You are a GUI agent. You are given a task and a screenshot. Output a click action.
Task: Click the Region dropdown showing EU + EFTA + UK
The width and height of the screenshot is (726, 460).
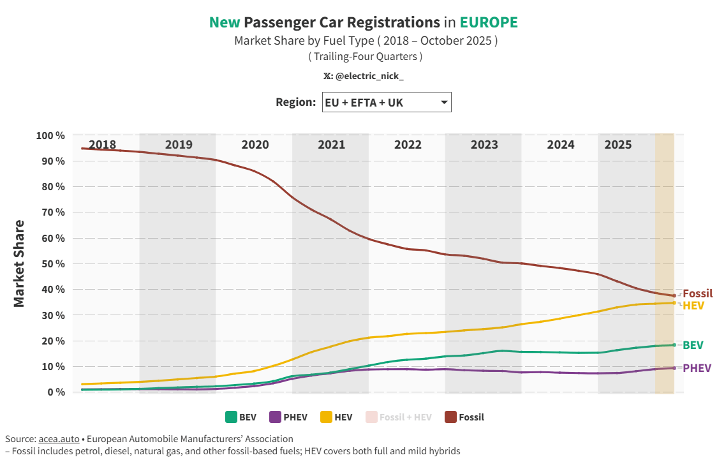tap(387, 102)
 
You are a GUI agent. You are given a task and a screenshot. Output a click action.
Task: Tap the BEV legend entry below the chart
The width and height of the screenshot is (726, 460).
tap(241, 417)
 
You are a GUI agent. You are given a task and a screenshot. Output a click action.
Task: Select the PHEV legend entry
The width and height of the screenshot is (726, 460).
tap(288, 417)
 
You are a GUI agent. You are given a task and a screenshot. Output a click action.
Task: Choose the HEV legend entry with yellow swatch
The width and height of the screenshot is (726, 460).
tap(335, 417)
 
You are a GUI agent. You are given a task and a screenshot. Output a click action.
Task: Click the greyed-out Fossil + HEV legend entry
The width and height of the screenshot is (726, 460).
tap(398, 417)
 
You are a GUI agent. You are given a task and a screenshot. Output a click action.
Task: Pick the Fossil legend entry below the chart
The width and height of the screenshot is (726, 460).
tap(464, 417)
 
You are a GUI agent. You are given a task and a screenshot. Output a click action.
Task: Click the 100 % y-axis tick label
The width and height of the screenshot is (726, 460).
tap(51, 135)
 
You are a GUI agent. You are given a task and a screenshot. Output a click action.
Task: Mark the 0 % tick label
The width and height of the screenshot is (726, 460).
tap(56, 392)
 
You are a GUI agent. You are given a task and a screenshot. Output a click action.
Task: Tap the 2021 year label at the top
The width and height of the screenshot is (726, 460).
tap(331, 145)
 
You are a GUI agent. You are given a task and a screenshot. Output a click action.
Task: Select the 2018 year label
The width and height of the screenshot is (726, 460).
tap(102, 145)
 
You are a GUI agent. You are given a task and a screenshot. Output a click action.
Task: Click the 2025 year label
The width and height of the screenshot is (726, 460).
tap(618, 145)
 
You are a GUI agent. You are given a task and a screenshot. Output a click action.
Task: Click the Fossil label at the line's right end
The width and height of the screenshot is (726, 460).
tap(697, 294)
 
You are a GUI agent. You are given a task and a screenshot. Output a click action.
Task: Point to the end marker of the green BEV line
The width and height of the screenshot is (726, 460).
tap(674, 345)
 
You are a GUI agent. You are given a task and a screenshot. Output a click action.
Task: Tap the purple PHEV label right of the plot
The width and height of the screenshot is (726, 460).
tap(697, 368)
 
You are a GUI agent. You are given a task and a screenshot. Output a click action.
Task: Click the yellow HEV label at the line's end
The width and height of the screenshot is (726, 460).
tap(693, 306)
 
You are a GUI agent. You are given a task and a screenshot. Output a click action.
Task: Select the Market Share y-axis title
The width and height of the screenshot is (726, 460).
tap(20, 263)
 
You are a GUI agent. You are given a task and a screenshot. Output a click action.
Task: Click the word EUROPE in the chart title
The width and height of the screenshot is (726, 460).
tap(489, 22)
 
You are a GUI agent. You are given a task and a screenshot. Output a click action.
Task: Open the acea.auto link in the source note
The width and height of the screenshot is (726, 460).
tap(59, 439)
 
